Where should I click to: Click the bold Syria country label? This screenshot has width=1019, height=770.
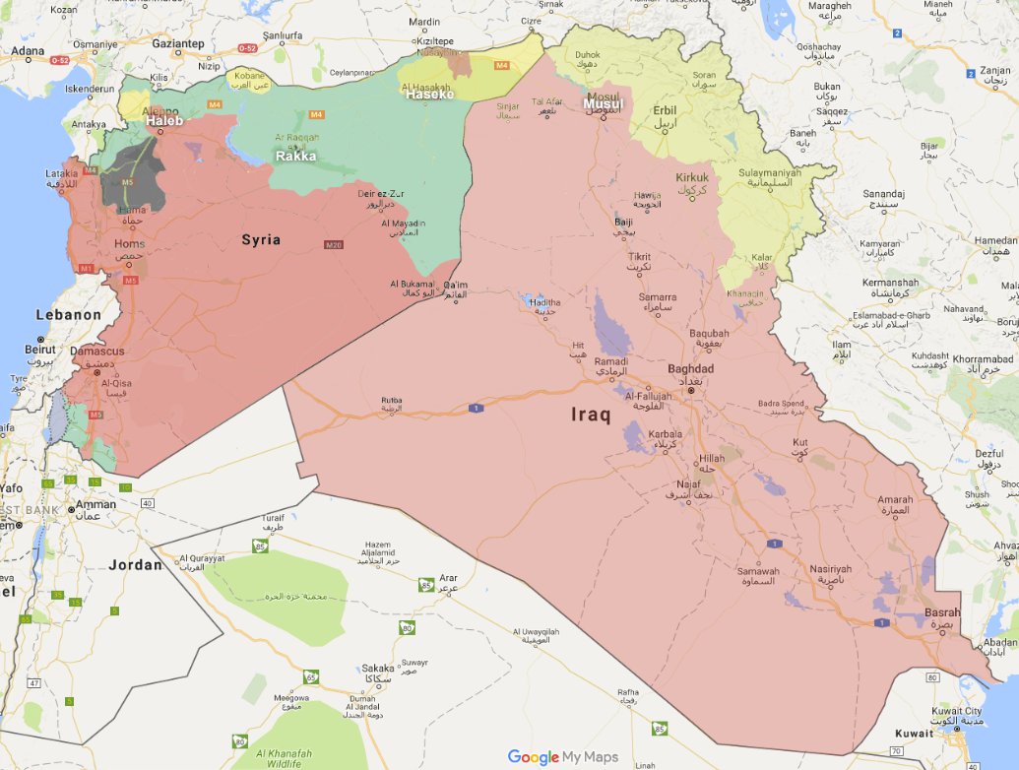click(x=262, y=239)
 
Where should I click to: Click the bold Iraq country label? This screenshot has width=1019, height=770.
click(x=591, y=415)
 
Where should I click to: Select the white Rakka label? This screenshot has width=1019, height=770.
click(x=296, y=156)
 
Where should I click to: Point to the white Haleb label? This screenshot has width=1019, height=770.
click(x=165, y=120)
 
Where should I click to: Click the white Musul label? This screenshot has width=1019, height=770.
click(x=603, y=103)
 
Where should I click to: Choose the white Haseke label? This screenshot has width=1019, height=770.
click(x=429, y=95)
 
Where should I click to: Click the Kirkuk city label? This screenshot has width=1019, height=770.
click(x=691, y=178)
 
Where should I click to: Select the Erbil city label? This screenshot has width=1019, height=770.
click(x=665, y=110)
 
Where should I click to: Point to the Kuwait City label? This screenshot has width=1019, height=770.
click(x=958, y=710)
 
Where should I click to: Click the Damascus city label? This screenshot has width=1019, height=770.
click(x=97, y=352)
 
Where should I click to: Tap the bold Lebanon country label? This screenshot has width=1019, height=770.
click(x=69, y=315)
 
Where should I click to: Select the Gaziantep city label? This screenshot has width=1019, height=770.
click(x=177, y=43)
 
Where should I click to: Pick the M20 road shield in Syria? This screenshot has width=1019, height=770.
click(x=332, y=244)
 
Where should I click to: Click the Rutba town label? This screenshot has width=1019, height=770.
click(x=392, y=400)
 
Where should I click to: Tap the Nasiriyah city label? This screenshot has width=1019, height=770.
click(x=829, y=569)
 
